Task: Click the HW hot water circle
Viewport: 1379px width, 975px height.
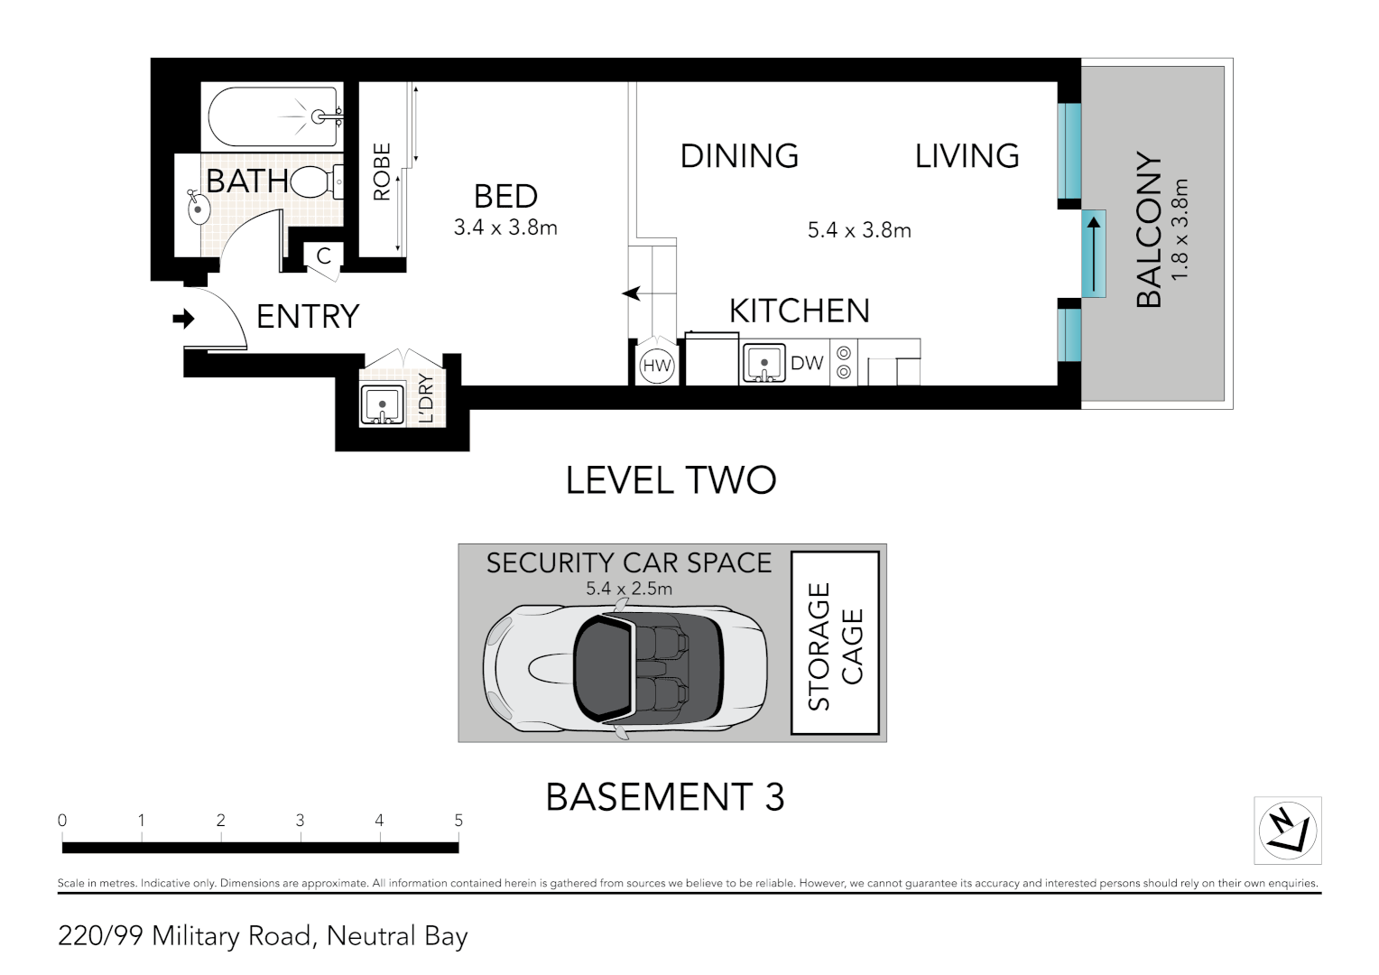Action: click(x=657, y=366)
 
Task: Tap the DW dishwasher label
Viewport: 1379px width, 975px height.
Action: click(x=807, y=364)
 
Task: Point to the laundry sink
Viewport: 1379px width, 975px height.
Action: click(x=383, y=404)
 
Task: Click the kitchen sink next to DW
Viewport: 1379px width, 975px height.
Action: click(x=764, y=363)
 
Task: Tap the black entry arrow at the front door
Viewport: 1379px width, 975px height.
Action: click(x=183, y=319)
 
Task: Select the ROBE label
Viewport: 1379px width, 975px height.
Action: click(x=382, y=172)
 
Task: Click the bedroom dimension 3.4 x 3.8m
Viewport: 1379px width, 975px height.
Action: click(x=505, y=227)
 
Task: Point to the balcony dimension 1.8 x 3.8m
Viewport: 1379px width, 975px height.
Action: click(x=1180, y=229)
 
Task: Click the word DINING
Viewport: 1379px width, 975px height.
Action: click(x=739, y=156)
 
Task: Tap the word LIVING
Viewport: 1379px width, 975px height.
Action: click(x=967, y=156)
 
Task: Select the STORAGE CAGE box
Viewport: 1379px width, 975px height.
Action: click(x=835, y=643)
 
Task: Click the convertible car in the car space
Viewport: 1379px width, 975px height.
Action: click(x=625, y=668)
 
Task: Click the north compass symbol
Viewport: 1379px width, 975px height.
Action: click(x=1287, y=831)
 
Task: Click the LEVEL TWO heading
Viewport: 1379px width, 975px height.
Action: click(x=671, y=480)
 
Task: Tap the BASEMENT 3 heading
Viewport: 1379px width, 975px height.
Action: click(x=665, y=797)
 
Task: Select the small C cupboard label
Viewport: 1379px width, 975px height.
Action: click(x=324, y=255)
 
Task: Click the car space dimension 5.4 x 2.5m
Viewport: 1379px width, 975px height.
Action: click(x=628, y=589)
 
